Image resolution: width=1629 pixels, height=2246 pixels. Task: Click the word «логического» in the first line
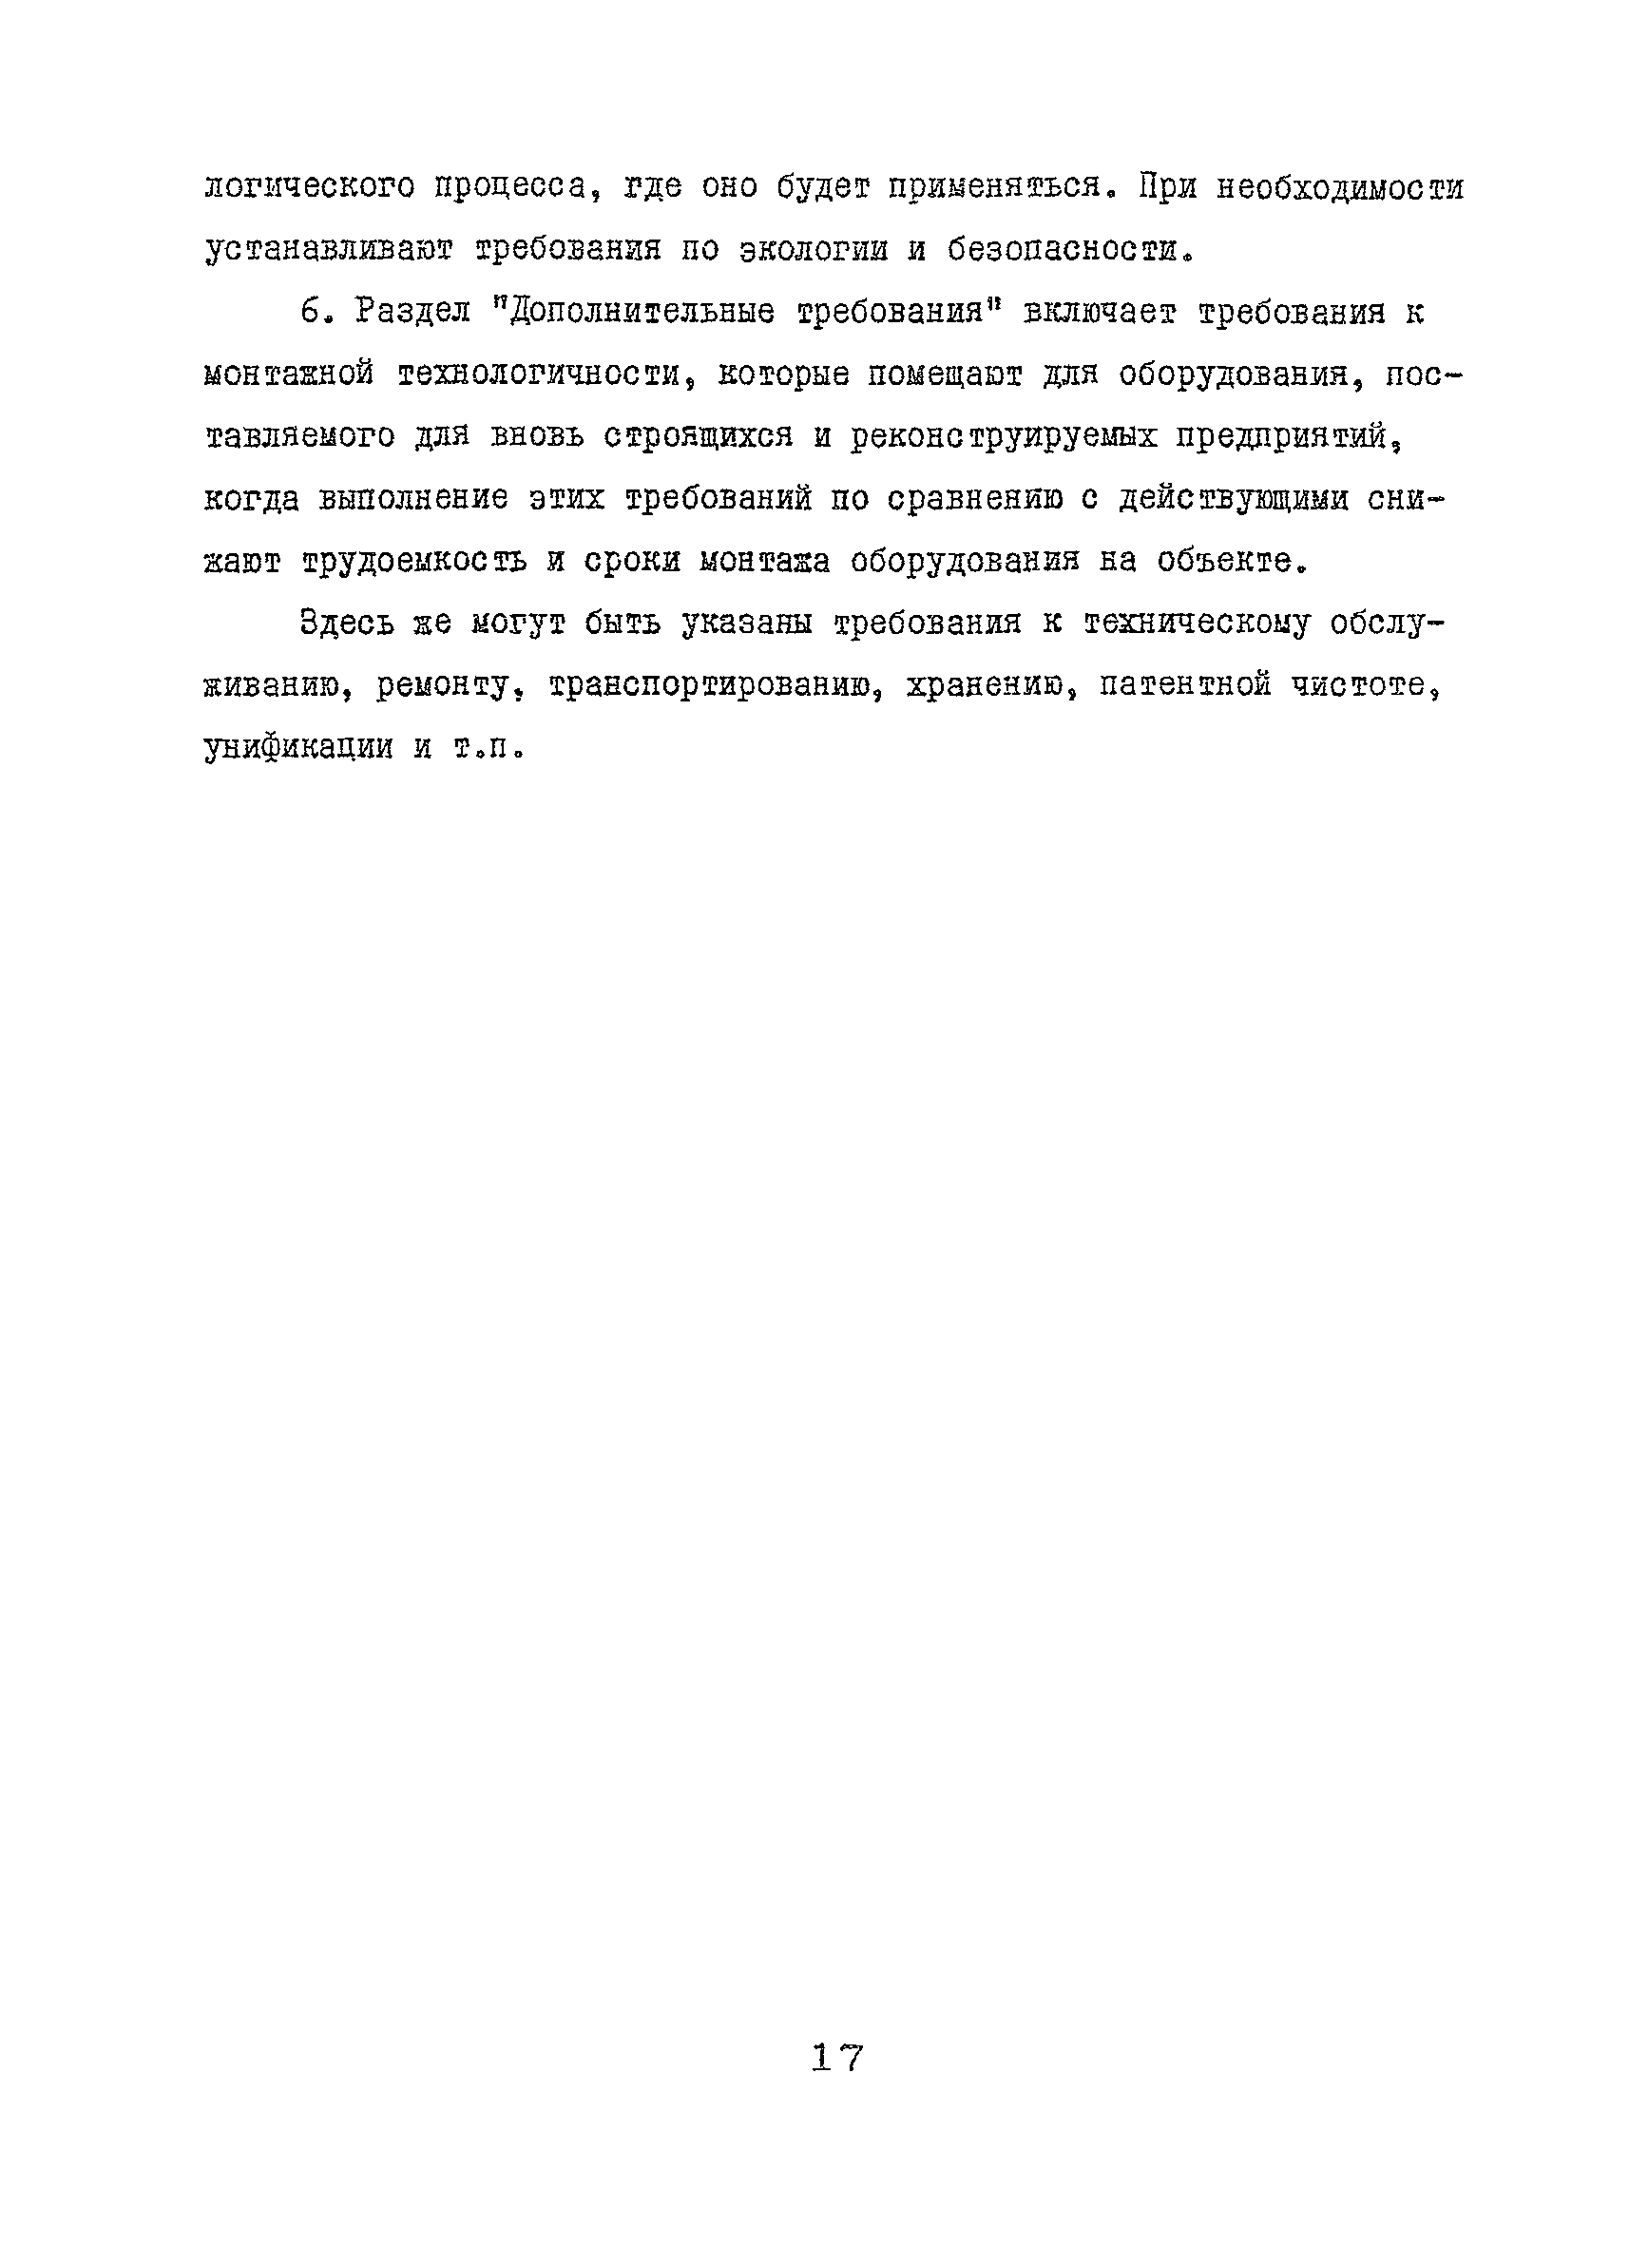(310, 188)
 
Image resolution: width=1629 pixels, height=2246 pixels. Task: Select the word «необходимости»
(1340, 188)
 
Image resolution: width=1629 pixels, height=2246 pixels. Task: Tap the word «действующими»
(1234, 499)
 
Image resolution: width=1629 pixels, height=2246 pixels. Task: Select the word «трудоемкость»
(412, 562)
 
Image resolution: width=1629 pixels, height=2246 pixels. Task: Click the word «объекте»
(1229, 562)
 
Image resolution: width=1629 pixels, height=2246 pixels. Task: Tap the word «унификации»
(298, 748)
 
